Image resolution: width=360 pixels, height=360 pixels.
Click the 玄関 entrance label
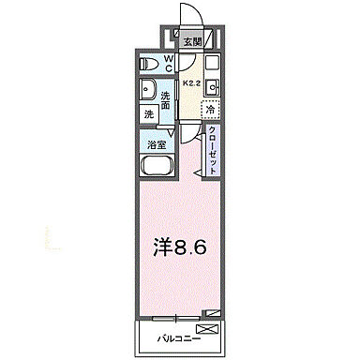[191, 42]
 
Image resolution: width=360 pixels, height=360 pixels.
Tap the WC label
[169, 64]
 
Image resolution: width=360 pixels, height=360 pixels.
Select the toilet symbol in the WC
[147, 66]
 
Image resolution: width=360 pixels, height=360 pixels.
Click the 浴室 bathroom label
[156, 143]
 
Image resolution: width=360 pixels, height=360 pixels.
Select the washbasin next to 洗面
[148, 91]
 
